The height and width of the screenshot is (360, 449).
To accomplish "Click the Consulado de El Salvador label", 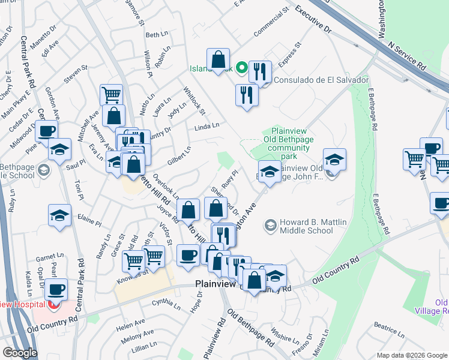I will [321, 80].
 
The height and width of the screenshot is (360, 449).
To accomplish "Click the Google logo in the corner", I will [20, 353].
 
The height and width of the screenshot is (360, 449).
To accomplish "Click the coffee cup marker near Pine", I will [46, 131].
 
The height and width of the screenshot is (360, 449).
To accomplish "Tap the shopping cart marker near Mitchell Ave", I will [111, 94].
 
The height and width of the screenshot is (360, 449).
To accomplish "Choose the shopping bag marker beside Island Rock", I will [218, 59].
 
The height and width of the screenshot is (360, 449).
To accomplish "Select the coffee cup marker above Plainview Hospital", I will [57, 290].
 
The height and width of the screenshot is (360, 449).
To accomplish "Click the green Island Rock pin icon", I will [243, 68].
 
